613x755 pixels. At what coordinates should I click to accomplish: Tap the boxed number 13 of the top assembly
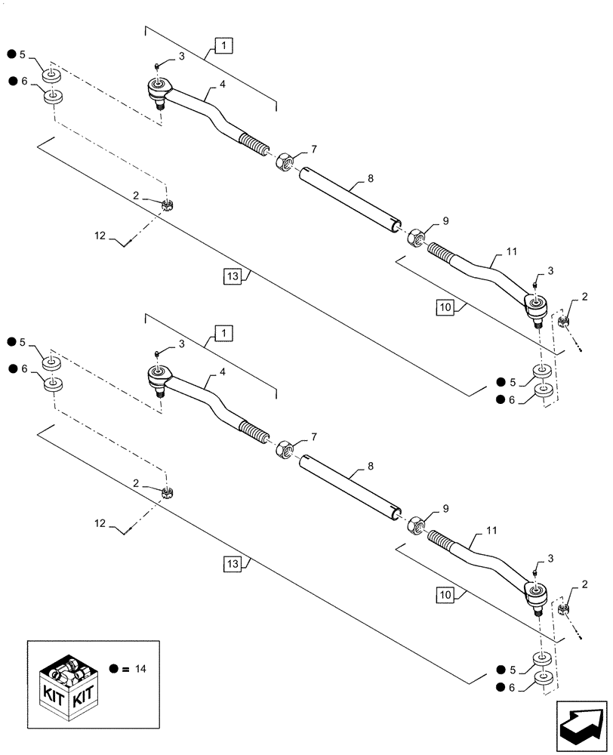231,277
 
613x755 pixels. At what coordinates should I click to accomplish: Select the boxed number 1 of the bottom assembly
223,332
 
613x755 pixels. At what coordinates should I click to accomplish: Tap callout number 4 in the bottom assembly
223,372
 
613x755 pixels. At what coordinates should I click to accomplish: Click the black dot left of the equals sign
112,669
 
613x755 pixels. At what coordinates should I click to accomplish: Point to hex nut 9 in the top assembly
415,238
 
